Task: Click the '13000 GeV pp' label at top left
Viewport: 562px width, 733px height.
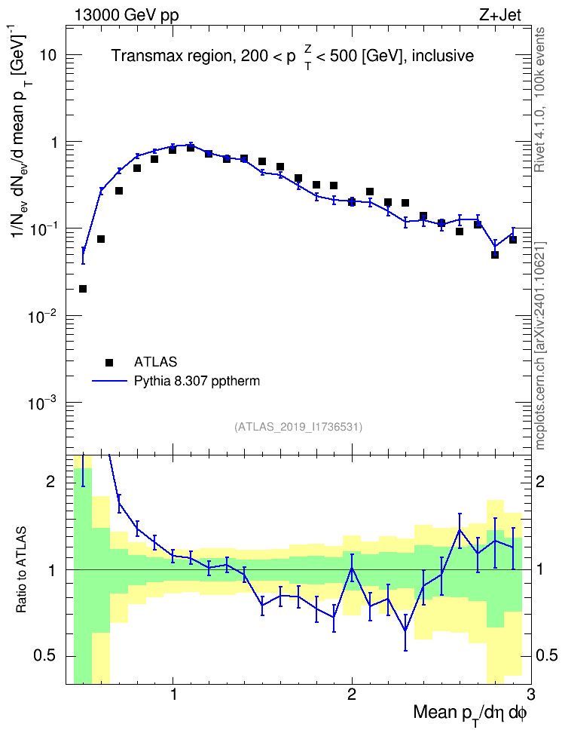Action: point(127,15)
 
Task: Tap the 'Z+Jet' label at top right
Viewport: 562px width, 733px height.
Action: point(500,15)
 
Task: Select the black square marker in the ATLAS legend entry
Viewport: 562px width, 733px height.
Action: point(109,362)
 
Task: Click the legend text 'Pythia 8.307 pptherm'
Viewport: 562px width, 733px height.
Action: point(197,382)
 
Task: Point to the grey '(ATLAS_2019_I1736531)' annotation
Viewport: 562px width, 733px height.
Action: point(298,426)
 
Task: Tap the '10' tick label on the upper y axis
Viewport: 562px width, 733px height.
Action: point(47,55)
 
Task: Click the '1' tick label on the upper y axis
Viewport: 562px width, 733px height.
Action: point(53,142)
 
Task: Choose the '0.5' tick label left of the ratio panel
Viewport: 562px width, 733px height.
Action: point(45,656)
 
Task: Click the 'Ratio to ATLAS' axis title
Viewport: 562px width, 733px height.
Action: point(21,569)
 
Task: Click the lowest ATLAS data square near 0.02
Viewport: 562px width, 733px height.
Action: point(83,289)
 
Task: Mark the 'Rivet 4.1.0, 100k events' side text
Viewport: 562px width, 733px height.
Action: point(539,100)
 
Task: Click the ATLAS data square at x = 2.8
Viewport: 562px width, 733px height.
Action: point(495,255)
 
